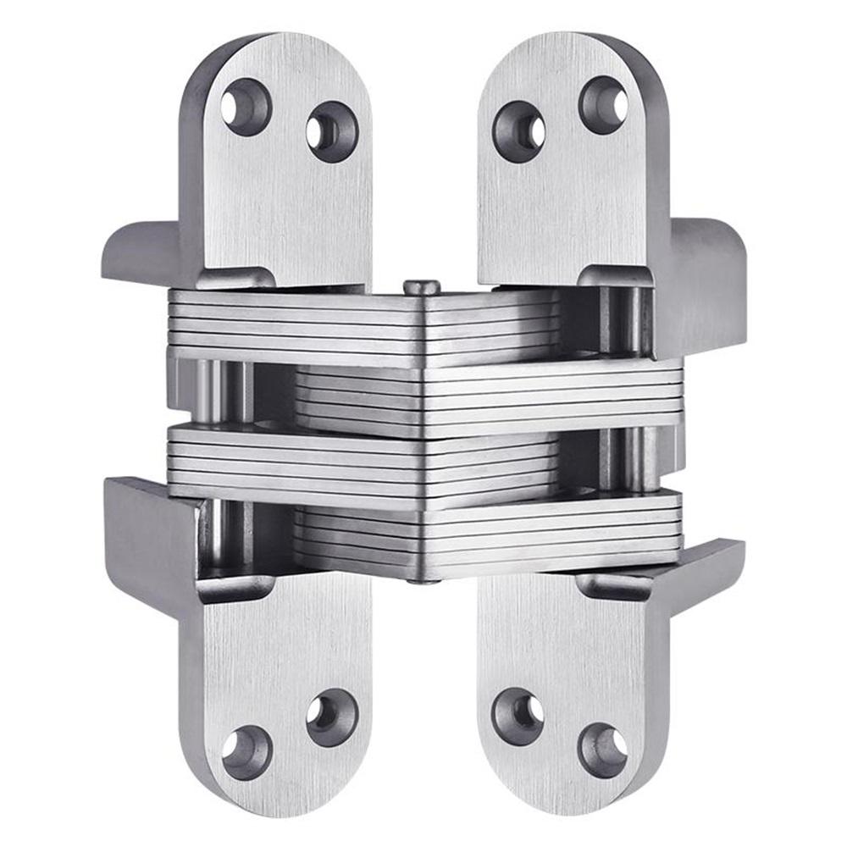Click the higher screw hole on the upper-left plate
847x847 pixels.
tap(246, 107)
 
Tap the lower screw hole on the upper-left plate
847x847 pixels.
tap(332, 131)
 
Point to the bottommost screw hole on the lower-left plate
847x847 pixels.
tap(246, 751)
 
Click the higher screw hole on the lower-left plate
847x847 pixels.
tap(331, 715)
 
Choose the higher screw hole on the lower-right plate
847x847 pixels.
tap(518, 713)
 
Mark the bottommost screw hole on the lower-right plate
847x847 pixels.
tap(603, 750)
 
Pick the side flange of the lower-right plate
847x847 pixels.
tap(707, 567)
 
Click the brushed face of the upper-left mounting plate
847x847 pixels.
tap(280, 212)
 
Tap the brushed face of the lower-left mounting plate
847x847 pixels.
tap(280, 644)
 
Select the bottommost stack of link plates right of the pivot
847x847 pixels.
tap(551, 534)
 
